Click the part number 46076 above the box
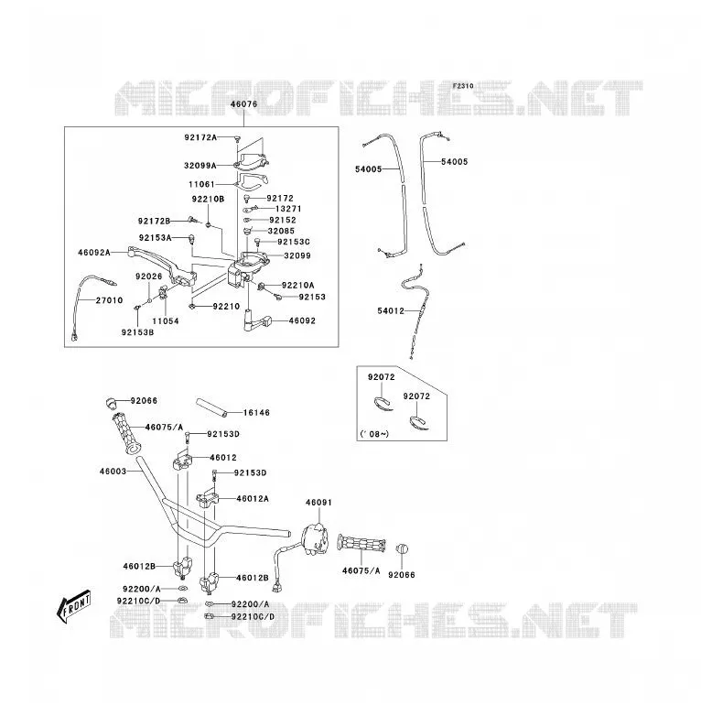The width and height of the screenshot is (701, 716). coord(243,104)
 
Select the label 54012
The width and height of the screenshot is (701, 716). coord(391,311)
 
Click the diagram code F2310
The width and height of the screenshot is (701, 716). coord(463,86)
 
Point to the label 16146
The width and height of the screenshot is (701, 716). coord(256,413)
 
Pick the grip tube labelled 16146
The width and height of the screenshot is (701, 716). coord(211,407)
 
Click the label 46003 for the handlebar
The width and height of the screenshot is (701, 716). coord(113,472)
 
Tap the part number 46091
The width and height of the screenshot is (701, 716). coord(318,503)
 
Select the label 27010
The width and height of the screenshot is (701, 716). coord(109,300)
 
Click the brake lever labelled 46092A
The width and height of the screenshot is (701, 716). coord(162,266)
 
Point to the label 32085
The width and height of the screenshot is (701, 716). coord(281,231)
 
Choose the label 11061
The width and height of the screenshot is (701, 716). coord(201,184)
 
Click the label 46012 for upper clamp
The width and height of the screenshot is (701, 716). coord(223,458)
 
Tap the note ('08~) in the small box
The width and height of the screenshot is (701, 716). coord(374,434)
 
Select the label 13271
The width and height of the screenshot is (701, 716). coord(288,209)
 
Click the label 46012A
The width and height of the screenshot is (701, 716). coord(253,499)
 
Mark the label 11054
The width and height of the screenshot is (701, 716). coord(166,321)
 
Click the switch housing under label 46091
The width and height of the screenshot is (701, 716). coord(316,539)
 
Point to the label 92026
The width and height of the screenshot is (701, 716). coord(149,277)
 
